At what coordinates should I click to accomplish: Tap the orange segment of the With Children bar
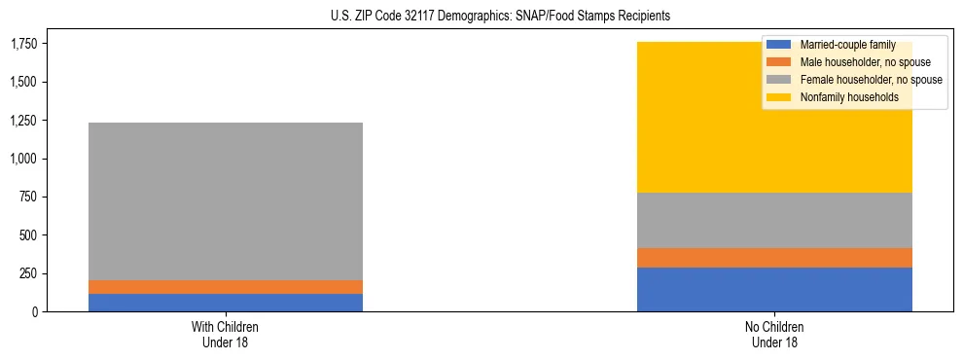coord(225,287)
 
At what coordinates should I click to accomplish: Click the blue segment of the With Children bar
coord(225,303)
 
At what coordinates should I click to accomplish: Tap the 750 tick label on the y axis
coord(28,197)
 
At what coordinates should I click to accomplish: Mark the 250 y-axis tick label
coord(28,273)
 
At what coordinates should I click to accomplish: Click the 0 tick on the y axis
coord(34,311)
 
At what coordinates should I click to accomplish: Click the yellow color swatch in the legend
coord(779,97)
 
